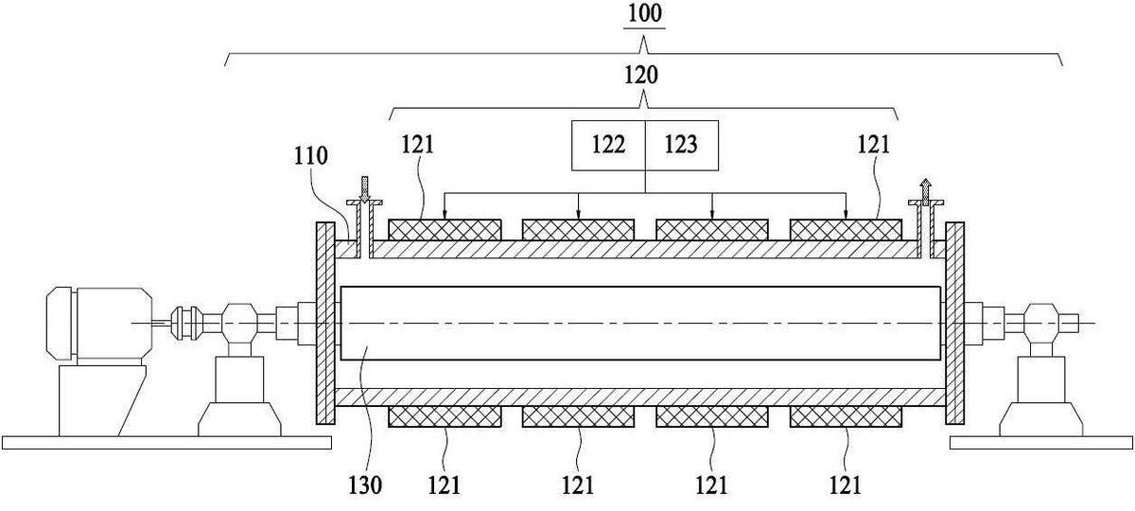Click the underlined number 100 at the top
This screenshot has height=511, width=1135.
point(644,13)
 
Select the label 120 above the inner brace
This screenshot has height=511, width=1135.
point(641,76)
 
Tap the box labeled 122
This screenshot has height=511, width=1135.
point(608,146)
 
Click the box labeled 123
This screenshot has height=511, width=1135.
point(682,146)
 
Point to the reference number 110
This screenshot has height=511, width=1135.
point(311,156)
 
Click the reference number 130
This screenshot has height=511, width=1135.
point(365,485)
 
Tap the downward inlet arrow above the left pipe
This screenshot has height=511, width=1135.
point(364,189)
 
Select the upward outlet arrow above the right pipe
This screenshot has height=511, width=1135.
point(926,191)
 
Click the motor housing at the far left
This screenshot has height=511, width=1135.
point(98,325)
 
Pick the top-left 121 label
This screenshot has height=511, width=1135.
point(418,145)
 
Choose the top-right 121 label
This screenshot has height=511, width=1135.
point(874,145)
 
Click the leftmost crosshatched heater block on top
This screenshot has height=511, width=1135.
point(445,230)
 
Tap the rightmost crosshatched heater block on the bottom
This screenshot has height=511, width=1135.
point(846,416)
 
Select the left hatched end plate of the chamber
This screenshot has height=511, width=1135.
point(325,323)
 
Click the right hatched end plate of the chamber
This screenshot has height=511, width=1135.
point(954,323)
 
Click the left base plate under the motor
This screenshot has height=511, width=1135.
point(166,443)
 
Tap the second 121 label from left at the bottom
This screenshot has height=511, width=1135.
point(578,485)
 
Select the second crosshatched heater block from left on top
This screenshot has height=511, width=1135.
point(578,230)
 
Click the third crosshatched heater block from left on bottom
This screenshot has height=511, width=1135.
point(712,416)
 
